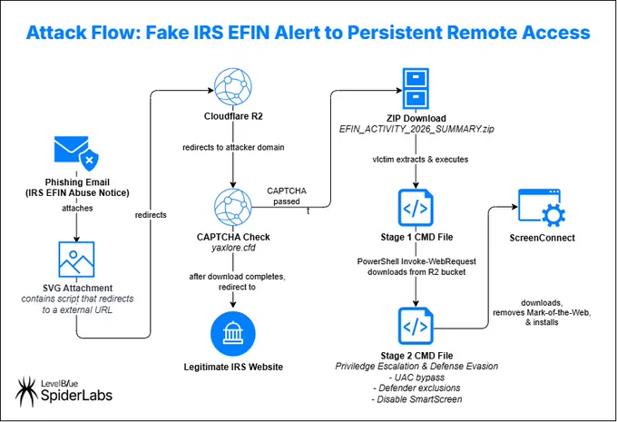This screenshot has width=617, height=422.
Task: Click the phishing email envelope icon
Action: (76, 153)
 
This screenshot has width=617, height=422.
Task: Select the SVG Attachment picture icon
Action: (76, 260)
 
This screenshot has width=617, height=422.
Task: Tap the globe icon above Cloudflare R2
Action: (233, 87)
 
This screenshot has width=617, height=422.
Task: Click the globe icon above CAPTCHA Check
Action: (233, 207)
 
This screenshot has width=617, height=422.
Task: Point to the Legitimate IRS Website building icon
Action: (233, 334)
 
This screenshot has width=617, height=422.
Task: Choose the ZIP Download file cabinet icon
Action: (416, 89)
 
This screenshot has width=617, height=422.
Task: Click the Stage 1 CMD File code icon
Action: (416, 208)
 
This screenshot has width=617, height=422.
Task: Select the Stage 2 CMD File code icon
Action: (416, 327)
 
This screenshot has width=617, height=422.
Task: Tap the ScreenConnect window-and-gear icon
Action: (542, 208)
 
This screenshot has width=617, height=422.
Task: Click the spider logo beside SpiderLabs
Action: (26, 392)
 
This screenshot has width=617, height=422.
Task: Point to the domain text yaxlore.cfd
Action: (233, 248)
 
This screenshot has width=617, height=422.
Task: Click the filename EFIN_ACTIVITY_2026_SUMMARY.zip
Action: (416, 129)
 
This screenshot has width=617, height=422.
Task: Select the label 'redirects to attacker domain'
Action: (233, 147)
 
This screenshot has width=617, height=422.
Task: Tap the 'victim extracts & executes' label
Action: (420, 160)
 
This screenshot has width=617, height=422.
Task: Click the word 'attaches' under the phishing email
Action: (77, 208)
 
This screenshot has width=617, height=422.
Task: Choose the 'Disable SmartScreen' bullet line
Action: (416, 399)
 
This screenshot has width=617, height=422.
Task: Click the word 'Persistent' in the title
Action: (395, 33)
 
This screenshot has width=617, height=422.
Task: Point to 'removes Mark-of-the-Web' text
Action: (542, 312)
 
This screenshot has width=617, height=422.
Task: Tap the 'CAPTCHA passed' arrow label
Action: (287, 196)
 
